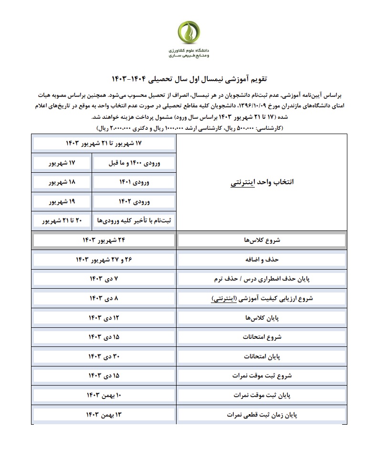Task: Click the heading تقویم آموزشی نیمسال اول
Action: (x=188, y=78)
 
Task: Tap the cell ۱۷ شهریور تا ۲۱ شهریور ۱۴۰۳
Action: (x=104, y=143)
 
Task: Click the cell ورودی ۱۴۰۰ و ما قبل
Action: (x=134, y=163)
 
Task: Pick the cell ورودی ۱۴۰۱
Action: (x=134, y=182)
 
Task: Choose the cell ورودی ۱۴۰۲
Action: (x=134, y=202)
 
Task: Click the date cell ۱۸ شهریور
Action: (x=63, y=182)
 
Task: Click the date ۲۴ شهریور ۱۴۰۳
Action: (x=104, y=240)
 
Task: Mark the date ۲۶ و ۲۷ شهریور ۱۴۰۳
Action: (x=104, y=260)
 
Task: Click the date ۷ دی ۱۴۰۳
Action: (x=104, y=279)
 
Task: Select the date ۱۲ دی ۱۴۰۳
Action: (x=104, y=318)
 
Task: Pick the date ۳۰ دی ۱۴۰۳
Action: (x=104, y=356)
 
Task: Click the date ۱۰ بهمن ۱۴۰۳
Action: (x=104, y=395)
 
